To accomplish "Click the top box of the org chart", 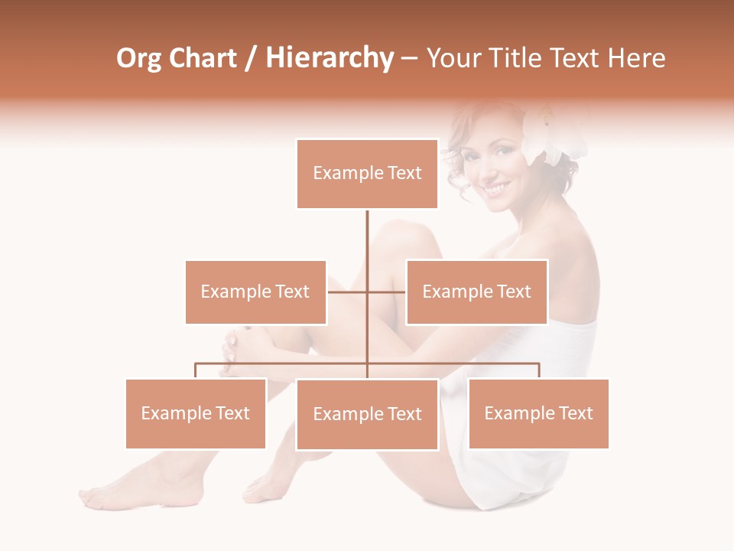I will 367,174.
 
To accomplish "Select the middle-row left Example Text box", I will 255,292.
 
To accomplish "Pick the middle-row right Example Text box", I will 476,292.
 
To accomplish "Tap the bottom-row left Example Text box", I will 196,413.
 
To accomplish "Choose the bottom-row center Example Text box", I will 367,414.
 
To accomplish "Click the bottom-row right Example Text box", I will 538,413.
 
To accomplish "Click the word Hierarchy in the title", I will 330,58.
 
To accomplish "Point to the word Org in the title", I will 138,58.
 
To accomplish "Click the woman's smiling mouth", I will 495,187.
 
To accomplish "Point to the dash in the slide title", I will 409,58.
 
